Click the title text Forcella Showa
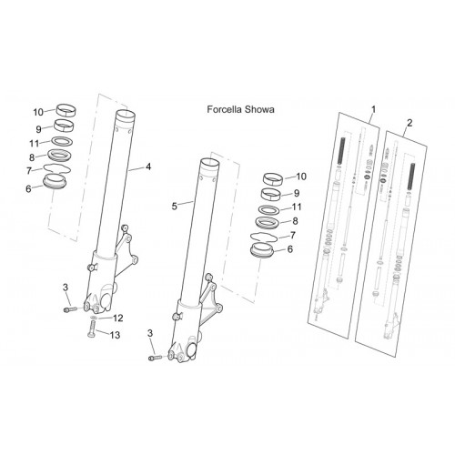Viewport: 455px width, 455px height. click(x=240, y=109)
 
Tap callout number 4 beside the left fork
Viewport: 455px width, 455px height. click(x=148, y=167)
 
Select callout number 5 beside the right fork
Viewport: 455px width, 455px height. click(x=174, y=207)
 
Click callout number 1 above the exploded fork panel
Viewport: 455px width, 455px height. click(x=374, y=109)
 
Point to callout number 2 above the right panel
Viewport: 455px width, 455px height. click(x=409, y=123)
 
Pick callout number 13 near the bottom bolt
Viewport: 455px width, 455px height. click(x=115, y=335)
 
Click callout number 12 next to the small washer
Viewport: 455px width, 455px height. click(x=117, y=318)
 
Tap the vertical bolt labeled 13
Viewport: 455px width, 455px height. click(x=92, y=329)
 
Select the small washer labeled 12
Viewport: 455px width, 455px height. click(x=94, y=318)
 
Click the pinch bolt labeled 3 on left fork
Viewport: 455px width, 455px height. click(x=69, y=309)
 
